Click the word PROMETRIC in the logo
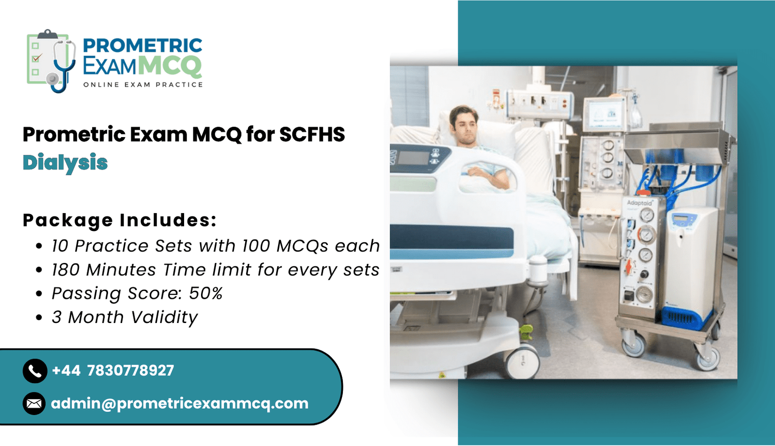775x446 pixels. (142, 46)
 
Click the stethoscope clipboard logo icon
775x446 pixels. (51, 61)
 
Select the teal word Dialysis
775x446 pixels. (65, 163)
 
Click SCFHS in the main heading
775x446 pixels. (312, 134)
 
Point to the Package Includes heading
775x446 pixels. (120, 220)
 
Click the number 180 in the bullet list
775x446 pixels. (66, 270)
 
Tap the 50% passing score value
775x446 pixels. (205, 293)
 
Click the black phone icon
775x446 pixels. (35, 371)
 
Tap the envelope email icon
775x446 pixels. (34, 403)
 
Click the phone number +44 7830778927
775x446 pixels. (113, 370)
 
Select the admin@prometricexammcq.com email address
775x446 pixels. (180, 404)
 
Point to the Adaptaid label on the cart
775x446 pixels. (639, 203)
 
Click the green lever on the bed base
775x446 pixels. (526, 332)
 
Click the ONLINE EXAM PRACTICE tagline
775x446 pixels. (143, 85)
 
